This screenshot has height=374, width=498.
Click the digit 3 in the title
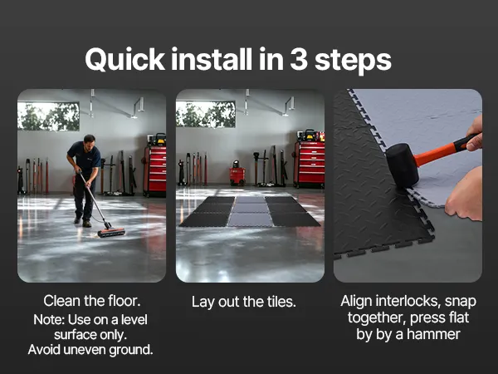pos(299,59)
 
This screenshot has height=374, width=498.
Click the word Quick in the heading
pos(124,60)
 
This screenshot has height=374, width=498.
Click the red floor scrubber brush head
pos(111,232)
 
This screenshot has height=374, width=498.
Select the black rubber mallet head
pos(403,165)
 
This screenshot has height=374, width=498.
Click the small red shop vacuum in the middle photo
pos(237,174)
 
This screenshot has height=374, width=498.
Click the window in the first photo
pos(48,116)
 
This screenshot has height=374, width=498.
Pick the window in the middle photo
pos(206,114)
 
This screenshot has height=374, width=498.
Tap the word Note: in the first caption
pos(49,320)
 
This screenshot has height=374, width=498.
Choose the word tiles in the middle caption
pos(281,302)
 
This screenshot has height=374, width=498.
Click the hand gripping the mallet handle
pos(475,134)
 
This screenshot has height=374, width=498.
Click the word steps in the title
pos(353,60)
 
